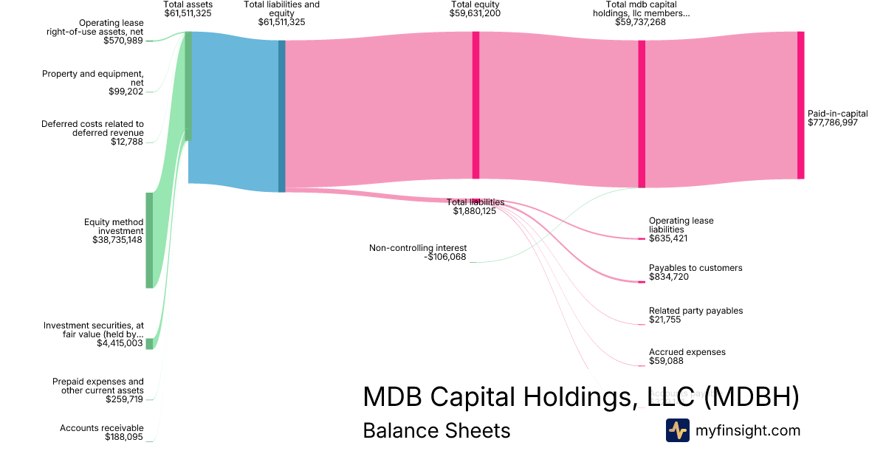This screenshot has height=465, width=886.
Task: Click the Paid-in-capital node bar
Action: point(800,105)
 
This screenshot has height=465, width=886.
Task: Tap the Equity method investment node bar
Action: point(149,240)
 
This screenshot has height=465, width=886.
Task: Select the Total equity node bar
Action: point(475,105)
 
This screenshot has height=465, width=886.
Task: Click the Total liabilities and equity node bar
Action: point(281,116)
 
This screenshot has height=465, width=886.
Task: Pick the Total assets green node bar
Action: point(188,86)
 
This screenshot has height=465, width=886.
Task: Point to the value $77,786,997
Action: point(833,123)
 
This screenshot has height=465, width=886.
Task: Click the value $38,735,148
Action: point(117,240)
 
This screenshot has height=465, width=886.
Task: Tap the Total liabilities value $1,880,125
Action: point(475,211)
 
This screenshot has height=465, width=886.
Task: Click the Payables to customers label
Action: point(696,268)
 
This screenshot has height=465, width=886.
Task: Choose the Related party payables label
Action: point(696,311)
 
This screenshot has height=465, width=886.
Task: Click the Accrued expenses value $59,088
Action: point(666,361)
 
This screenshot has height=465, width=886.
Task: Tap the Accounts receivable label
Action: point(102,428)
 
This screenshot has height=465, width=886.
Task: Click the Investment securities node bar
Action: point(149,343)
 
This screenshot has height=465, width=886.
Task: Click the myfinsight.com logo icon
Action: point(677,430)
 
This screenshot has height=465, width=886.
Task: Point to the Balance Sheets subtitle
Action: point(436,430)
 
